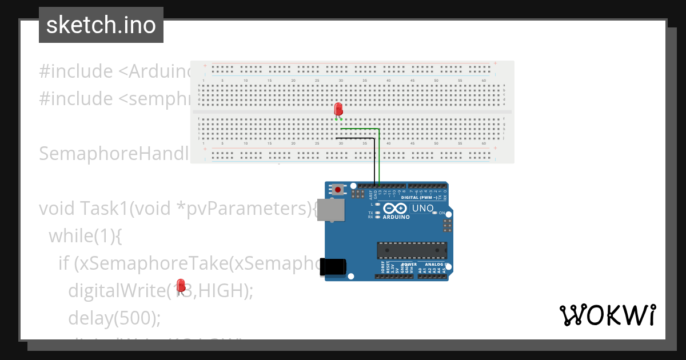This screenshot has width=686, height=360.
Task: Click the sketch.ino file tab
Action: pyautogui.click(x=101, y=25)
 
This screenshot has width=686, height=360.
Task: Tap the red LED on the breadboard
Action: pyautogui.click(x=338, y=109)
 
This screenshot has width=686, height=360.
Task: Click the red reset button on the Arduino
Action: pyautogui.click(x=338, y=189)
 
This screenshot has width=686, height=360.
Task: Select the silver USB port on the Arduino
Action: pyautogui.click(x=332, y=210)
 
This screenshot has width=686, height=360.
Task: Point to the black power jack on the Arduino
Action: pyautogui.click(x=333, y=267)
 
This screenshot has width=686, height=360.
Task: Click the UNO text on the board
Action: pyautogui.click(x=422, y=209)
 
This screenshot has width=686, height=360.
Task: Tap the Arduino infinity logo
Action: pyautogui.click(x=396, y=209)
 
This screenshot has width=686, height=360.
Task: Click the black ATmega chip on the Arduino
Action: pyautogui.click(x=412, y=250)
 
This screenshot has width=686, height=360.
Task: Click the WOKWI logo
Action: pyautogui.click(x=607, y=315)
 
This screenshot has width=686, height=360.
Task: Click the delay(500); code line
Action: pyautogui.click(x=114, y=318)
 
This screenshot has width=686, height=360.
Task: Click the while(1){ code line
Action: pyautogui.click(x=85, y=235)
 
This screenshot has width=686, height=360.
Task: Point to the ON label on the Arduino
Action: pyautogui.click(x=442, y=213)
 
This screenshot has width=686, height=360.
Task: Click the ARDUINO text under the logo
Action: pyautogui.click(x=396, y=217)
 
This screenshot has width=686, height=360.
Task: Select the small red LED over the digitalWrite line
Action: pyautogui.click(x=181, y=286)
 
